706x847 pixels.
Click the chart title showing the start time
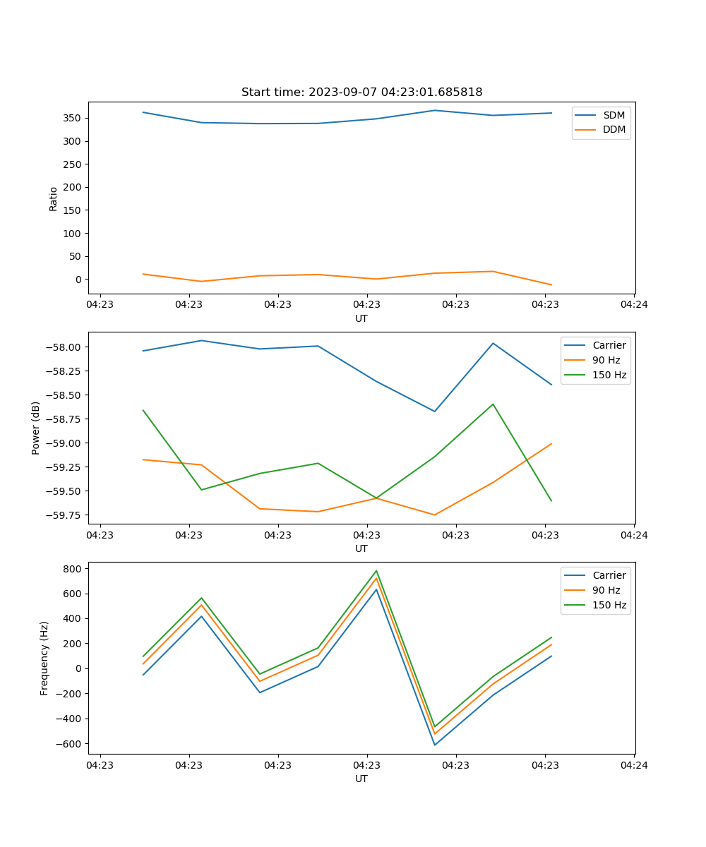tap(361, 92)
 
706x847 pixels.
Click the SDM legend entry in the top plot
tap(614, 115)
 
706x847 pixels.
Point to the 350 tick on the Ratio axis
tap(71, 118)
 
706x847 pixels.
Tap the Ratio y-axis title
tap(54, 198)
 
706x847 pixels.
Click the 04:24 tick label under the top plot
tap(634, 305)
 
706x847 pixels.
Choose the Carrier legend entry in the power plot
tap(609, 345)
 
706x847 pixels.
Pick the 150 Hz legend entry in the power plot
tap(609, 375)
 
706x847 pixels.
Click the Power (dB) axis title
tap(36, 428)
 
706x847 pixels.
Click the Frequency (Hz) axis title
tap(44, 658)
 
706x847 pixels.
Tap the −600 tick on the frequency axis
tap(68, 743)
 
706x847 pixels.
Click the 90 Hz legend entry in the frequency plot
tap(606, 590)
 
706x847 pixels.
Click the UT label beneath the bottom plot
tap(361, 779)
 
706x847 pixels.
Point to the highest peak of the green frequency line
tap(376, 571)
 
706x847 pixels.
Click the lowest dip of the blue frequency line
tap(434, 745)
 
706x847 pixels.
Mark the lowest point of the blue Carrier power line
tap(434, 412)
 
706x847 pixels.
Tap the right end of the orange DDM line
tap(551, 285)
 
